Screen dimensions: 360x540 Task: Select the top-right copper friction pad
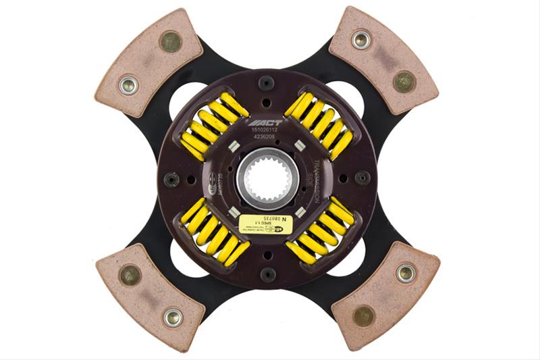[x=383, y=60]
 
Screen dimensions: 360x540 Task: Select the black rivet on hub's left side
[x=171, y=180]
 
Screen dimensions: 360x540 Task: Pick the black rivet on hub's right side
[x=362, y=178]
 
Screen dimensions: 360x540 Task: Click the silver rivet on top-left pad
[x=128, y=85]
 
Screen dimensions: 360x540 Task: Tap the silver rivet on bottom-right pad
[x=406, y=273]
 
